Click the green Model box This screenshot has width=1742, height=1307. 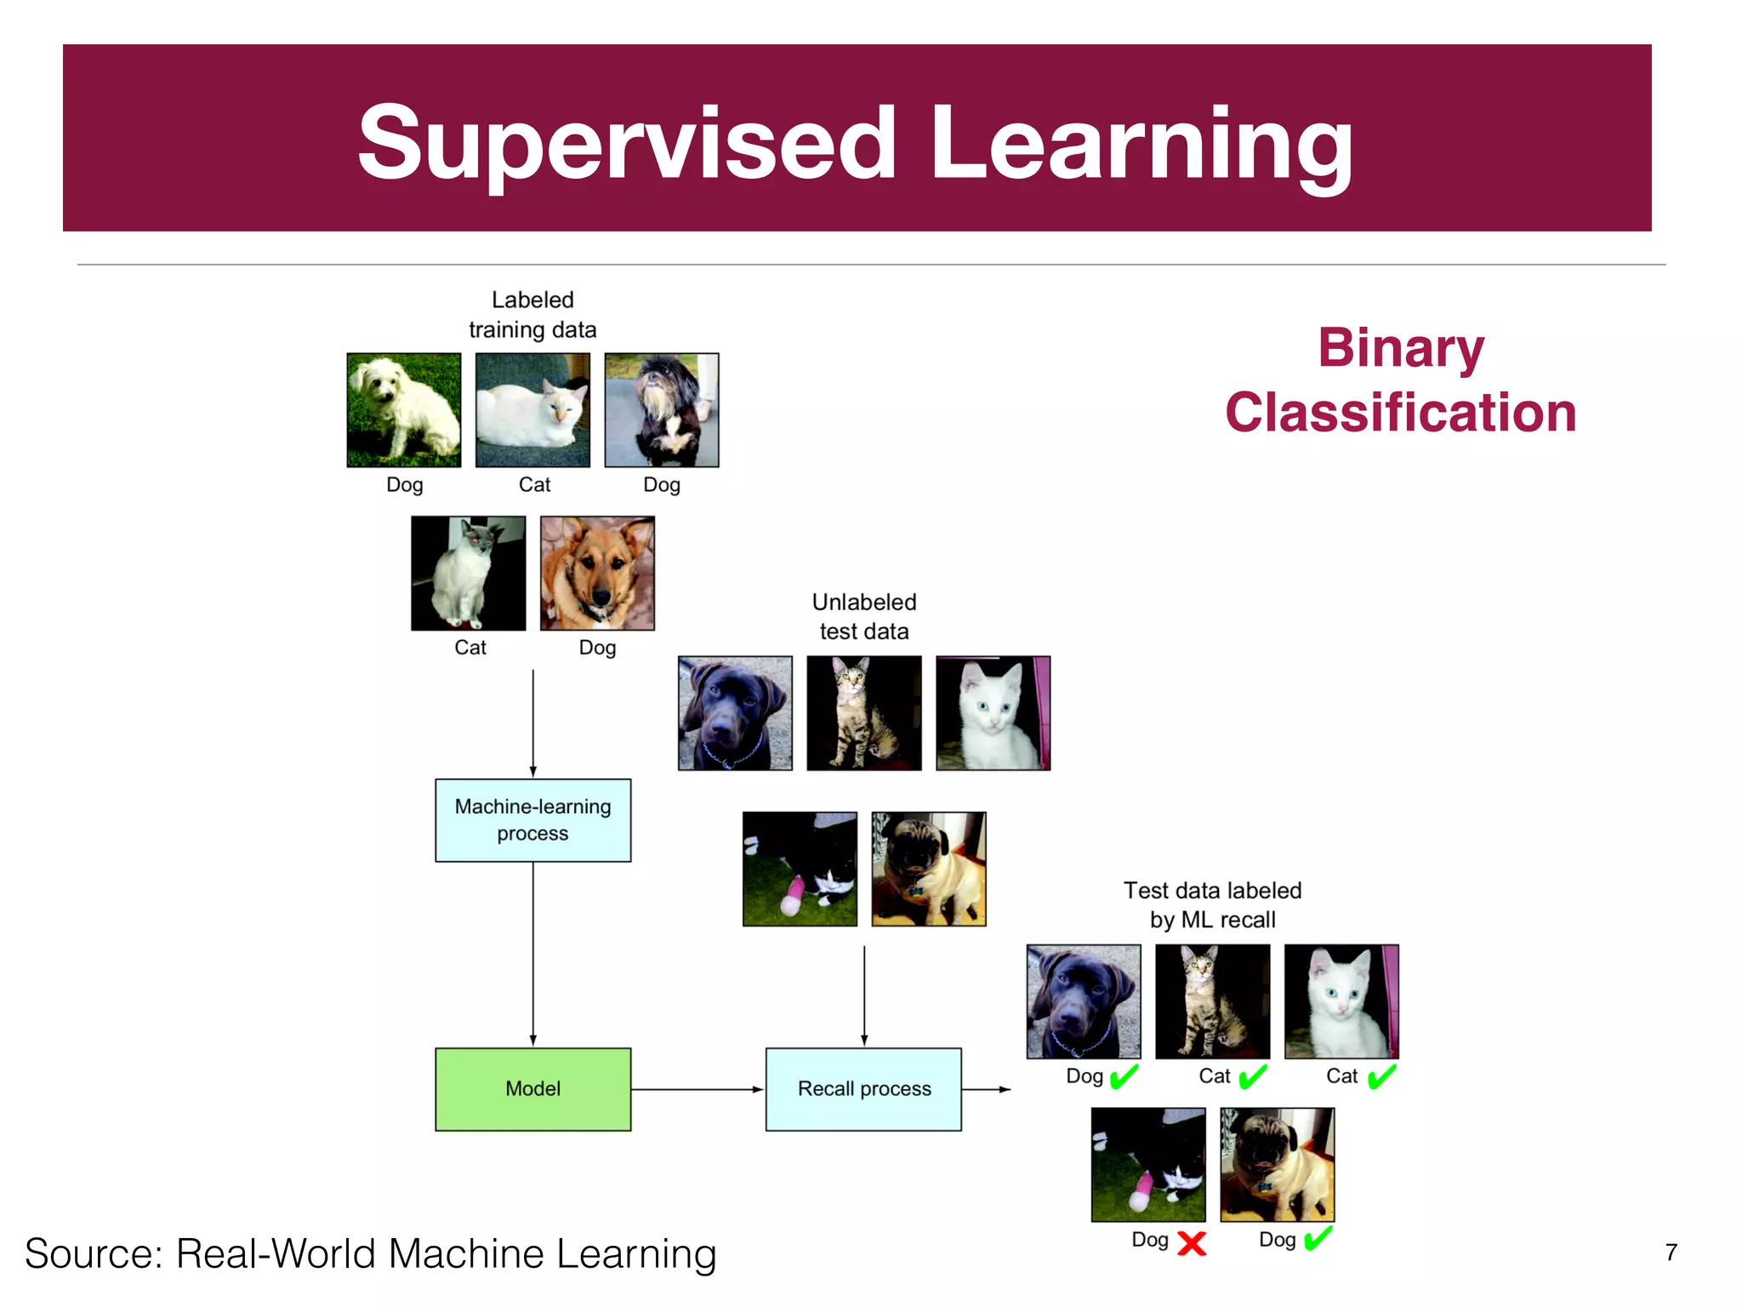point(532,1088)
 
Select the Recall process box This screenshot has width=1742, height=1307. point(863,1088)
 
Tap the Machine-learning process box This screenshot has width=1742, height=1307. point(532,819)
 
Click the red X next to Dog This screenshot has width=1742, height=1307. point(1192,1243)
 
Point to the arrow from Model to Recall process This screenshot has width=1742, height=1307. point(697,1089)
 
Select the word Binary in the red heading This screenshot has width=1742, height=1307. point(1401,348)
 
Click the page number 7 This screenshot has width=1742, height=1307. point(1671,1253)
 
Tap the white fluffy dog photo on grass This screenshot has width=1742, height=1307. point(404,410)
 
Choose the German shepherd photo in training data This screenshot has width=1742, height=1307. point(597,573)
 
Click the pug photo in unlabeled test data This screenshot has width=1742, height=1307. point(928,869)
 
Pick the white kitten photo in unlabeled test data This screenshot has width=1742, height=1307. point(993,713)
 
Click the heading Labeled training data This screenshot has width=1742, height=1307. point(532,314)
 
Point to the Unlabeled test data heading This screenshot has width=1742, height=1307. point(863,616)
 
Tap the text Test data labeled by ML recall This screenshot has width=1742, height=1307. point(1212,905)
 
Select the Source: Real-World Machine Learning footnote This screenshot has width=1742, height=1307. point(371,1253)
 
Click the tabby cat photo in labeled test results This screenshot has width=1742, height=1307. point(1212,1001)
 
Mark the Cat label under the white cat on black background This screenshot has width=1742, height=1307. point(470,648)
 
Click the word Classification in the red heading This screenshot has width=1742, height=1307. point(1401,413)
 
